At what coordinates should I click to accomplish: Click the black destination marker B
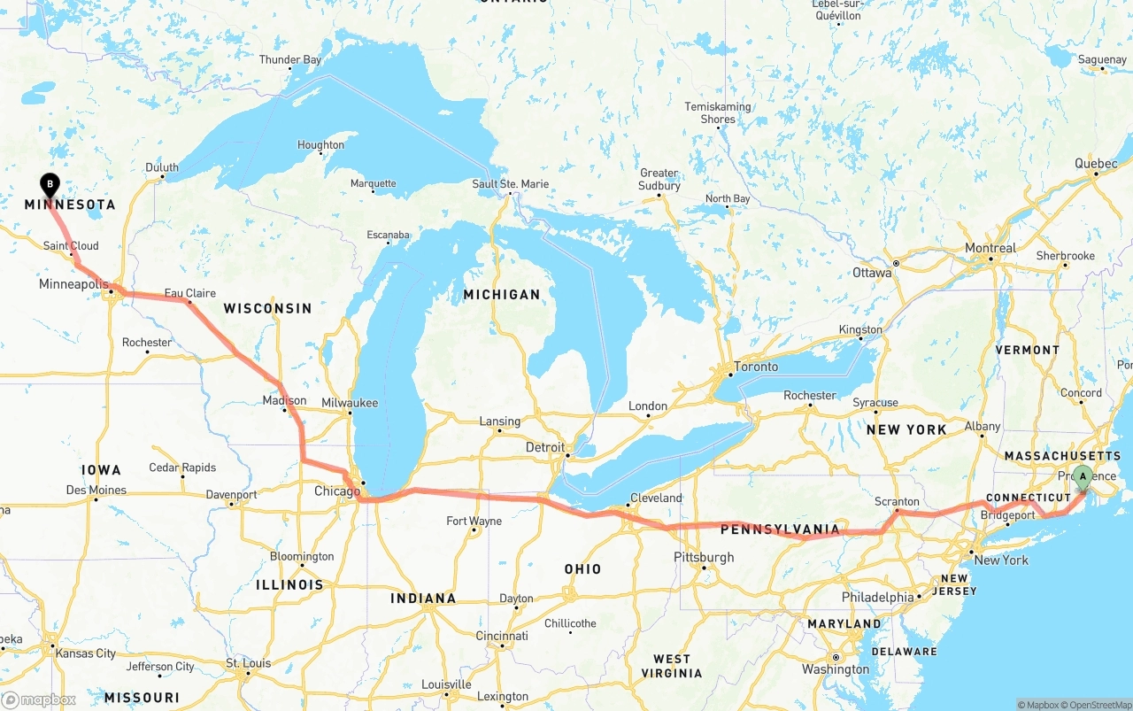pyautogui.click(x=50, y=184)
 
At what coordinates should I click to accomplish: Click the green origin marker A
pyautogui.click(x=1082, y=477)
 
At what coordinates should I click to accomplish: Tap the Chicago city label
pyautogui.click(x=337, y=491)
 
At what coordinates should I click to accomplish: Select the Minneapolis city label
pyautogui.click(x=73, y=284)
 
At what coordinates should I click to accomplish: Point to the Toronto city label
pyautogui.click(x=756, y=367)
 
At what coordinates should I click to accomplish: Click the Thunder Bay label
pyautogui.click(x=290, y=60)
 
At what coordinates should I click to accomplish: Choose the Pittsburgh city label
pyautogui.click(x=704, y=557)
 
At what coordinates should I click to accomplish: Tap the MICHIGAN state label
pyautogui.click(x=502, y=294)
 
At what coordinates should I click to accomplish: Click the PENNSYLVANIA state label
pyautogui.click(x=780, y=529)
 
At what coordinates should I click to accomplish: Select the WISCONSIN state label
pyautogui.click(x=267, y=308)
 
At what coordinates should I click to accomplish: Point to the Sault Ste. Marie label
pyautogui.click(x=510, y=184)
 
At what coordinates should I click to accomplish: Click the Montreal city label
pyautogui.click(x=990, y=248)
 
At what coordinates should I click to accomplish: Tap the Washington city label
pyautogui.click(x=836, y=669)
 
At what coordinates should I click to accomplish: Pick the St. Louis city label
pyautogui.click(x=248, y=662)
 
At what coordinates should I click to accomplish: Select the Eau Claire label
pyautogui.click(x=189, y=293)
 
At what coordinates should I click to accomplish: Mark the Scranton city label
pyautogui.click(x=897, y=501)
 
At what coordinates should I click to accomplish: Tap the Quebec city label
pyautogui.click(x=1096, y=164)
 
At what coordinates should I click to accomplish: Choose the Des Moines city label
pyautogui.click(x=96, y=490)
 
